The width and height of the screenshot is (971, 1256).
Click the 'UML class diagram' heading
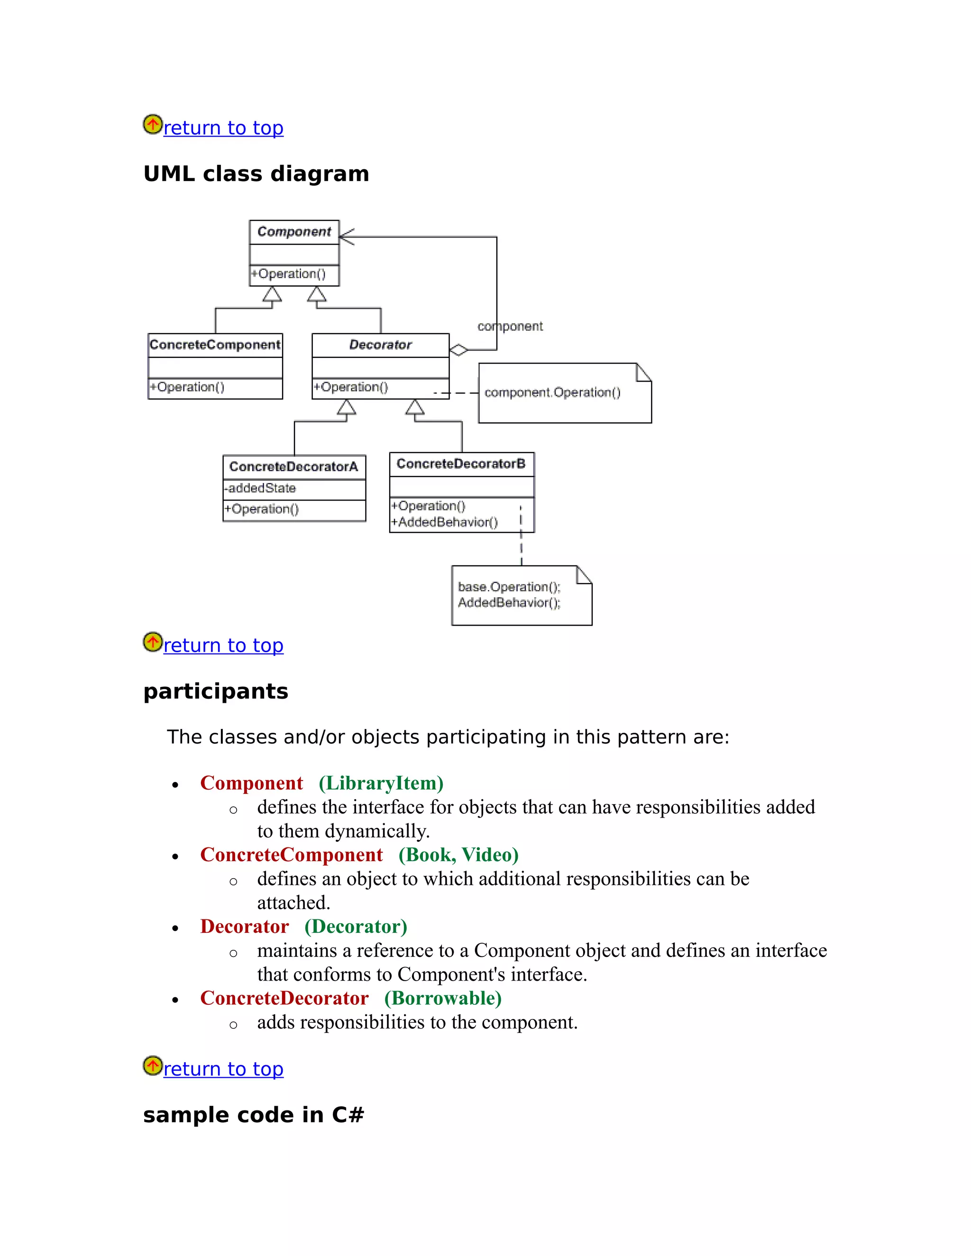click(x=256, y=173)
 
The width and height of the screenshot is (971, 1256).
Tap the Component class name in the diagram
click(x=294, y=232)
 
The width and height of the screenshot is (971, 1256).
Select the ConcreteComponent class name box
click(x=215, y=345)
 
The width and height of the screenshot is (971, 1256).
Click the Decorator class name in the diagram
click(x=380, y=345)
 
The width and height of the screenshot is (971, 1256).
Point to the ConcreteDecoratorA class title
click(x=293, y=466)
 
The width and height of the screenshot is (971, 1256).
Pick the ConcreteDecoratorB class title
click(x=461, y=464)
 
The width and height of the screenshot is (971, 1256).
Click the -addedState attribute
click(x=261, y=488)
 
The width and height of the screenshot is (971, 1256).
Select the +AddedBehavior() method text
click(x=444, y=522)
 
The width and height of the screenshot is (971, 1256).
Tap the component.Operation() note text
click(x=552, y=392)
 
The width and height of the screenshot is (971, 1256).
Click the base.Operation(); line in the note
click(x=509, y=587)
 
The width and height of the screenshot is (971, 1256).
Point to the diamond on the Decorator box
click(x=458, y=350)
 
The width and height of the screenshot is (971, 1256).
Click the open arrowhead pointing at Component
click(x=346, y=237)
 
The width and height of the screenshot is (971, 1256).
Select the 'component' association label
click(x=510, y=327)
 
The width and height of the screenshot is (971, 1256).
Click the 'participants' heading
click(x=216, y=691)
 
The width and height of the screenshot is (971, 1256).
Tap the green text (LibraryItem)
click(x=381, y=783)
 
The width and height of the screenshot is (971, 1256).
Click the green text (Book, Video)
click(x=458, y=855)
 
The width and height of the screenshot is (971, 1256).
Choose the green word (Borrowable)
click(x=443, y=998)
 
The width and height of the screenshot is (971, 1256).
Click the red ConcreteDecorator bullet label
click(x=284, y=998)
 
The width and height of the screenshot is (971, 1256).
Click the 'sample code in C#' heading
click(x=254, y=1115)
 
